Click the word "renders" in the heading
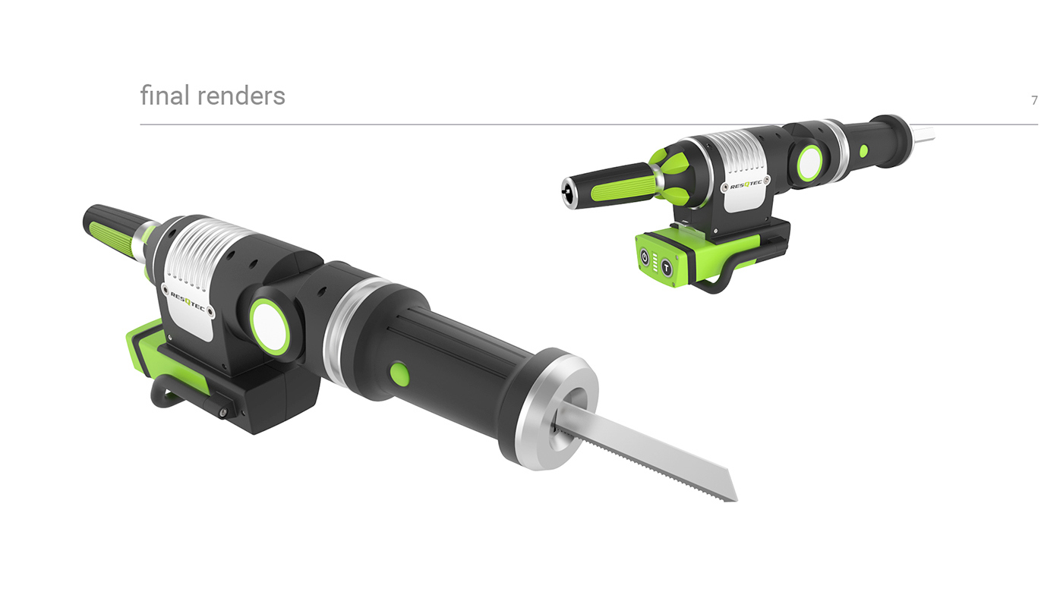pyautogui.click(x=241, y=96)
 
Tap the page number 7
pyautogui.click(x=1034, y=100)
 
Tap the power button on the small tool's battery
pyautogui.click(x=645, y=257)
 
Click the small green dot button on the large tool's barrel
pyautogui.click(x=399, y=373)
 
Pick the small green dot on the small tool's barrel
pyautogui.click(x=863, y=150)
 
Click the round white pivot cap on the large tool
pyautogui.click(x=270, y=326)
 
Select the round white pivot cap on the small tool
pyautogui.click(x=809, y=163)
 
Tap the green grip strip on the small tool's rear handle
pyautogui.click(x=620, y=186)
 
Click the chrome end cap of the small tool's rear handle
pyautogui.click(x=568, y=193)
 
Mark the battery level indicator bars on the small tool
pyautogui.click(x=655, y=263)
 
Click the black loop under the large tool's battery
pyautogui.click(x=171, y=391)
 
